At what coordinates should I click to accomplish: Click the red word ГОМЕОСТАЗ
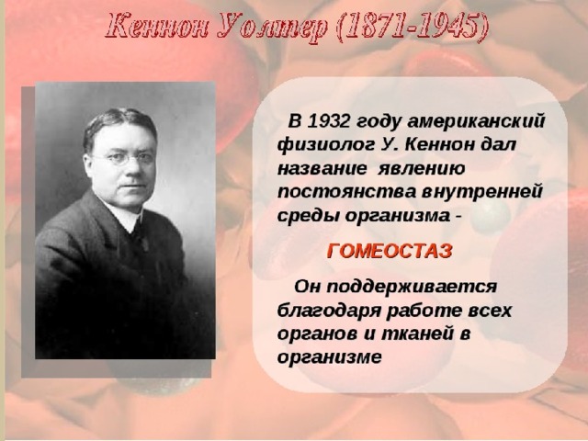[390, 251]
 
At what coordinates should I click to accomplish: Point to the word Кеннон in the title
[156, 27]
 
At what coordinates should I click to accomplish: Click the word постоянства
[347, 192]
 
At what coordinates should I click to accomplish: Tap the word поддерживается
[412, 288]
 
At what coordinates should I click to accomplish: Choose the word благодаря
[329, 311]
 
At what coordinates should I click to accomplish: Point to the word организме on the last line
[329, 357]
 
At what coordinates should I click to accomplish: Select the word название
[322, 169]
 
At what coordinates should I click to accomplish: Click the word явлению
[421, 169]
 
